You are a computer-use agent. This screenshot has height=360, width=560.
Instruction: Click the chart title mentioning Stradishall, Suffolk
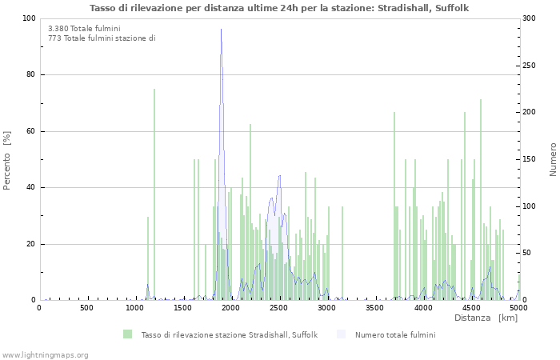[279, 8]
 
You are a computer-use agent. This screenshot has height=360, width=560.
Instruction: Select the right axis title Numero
[553, 159]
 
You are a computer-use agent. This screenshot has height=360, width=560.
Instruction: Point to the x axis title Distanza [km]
[486, 318]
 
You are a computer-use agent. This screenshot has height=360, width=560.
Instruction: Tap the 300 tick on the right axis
[530, 18]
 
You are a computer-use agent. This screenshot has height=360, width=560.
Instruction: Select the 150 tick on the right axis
[530, 159]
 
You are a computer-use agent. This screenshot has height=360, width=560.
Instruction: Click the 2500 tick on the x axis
[279, 308]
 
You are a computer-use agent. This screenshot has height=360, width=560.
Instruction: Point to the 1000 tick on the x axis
[135, 308]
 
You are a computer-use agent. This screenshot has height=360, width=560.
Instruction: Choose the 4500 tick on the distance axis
[471, 308]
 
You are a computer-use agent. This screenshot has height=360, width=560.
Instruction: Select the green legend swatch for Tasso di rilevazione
[128, 334]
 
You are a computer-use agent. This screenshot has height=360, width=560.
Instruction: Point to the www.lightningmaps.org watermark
[45, 355]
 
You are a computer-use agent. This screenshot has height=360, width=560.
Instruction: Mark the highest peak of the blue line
[222, 30]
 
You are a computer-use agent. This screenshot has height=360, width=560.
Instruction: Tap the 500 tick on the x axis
[87, 308]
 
